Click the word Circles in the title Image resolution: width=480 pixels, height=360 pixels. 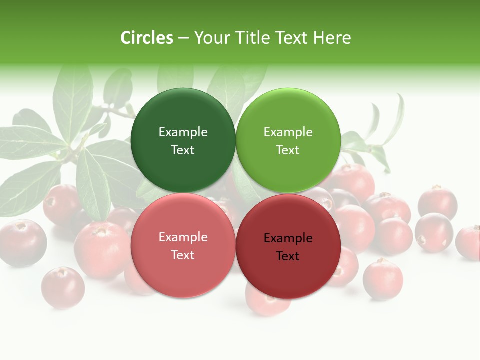coord(147,38)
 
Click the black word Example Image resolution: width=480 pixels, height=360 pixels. coord(288,238)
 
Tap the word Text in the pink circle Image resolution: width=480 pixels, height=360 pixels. coord(183,255)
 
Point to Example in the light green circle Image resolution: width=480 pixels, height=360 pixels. coord(288,132)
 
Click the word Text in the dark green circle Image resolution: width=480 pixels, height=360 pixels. coord(183,150)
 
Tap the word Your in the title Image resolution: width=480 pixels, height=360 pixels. coord(210,38)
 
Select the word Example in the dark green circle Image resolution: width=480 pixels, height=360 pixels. coord(183,132)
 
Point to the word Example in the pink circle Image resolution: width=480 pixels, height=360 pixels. coord(183,237)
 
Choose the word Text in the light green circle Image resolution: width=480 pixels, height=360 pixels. coord(288,150)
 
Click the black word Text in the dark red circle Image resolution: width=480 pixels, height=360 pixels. coord(288,256)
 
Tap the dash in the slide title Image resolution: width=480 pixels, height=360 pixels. coord(183,38)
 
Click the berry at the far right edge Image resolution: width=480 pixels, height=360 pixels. coord(469,243)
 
